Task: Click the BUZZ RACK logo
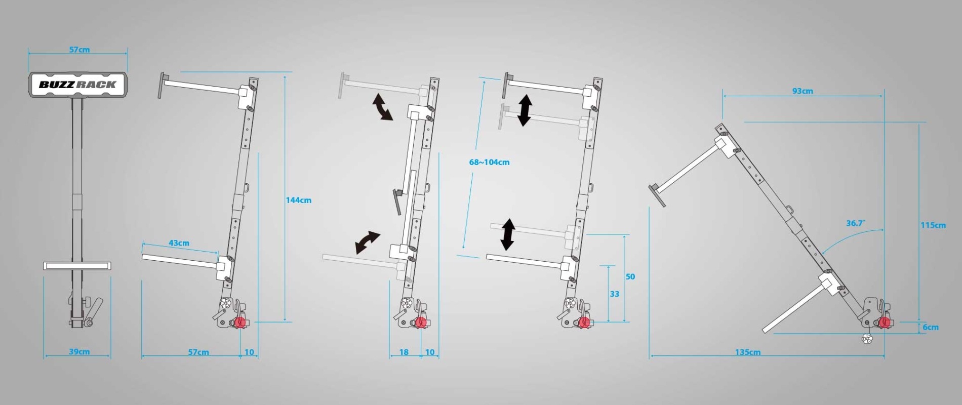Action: (x=77, y=85)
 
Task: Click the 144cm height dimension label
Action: (x=298, y=200)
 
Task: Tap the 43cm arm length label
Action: (x=179, y=243)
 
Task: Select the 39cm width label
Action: (x=79, y=351)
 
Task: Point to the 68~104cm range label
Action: (x=489, y=162)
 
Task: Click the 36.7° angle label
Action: (x=855, y=223)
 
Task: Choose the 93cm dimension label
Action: (x=803, y=91)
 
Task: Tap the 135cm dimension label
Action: (x=748, y=352)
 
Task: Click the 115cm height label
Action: (x=933, y=225)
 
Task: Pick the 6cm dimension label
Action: (x=931, y=327)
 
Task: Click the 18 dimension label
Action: (x=404, y=352)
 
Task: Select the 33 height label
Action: (x=614, y=294)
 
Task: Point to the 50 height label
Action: (x=630, y=276)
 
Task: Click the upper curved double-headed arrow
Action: (x=382, y=107)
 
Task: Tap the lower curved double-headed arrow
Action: (x=368, y=242)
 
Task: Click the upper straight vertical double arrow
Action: (x=525, y=110)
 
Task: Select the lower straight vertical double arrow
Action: (x=508, y=234)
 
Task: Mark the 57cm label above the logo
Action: (x=79, y=50)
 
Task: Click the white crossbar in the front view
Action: (x=77, y=266)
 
